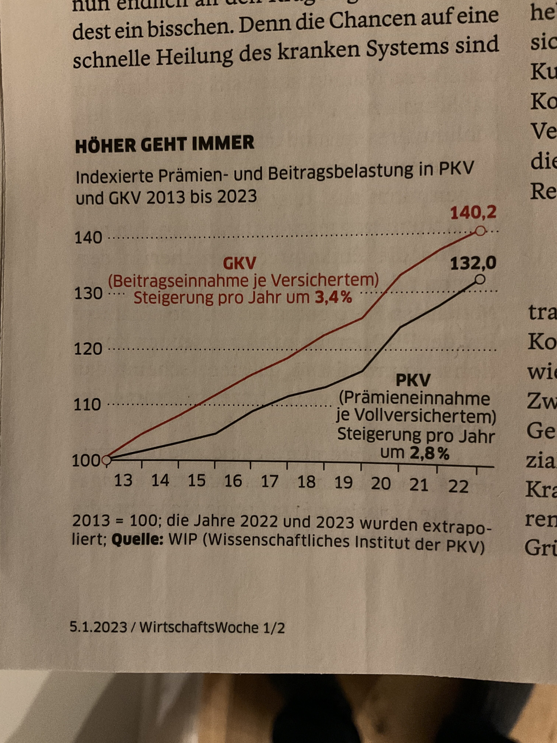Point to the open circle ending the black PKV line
[x=480, y=279]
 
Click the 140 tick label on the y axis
[x=88, y=238]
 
